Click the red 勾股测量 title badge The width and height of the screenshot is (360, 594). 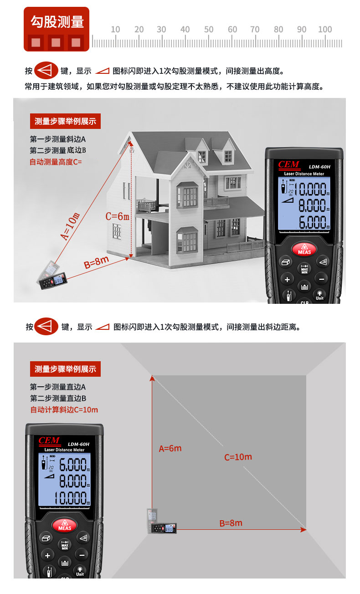tap(57, 29)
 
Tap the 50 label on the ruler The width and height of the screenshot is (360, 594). tap(209, 30)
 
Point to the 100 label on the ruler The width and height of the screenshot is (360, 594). tap(325, 30)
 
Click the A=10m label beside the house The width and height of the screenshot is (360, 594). tap(70, 226)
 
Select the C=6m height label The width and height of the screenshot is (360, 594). tap(117, 217)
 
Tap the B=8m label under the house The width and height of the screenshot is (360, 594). tap(96, 262)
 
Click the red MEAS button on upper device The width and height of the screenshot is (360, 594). tap(304, 249)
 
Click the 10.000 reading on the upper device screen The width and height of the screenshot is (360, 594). tap(312, 189)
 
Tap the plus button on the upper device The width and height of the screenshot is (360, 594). tap(287, 280)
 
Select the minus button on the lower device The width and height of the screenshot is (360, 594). tap(82, 555)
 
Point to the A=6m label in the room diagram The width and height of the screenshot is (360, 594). tap(170, 449)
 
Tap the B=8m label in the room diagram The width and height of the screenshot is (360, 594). tap(231, 523)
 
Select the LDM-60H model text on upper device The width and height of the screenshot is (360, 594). tap(319, 167)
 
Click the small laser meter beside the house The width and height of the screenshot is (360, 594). tap(52, 276)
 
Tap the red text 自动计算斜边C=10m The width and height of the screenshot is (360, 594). tap(64, 410)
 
